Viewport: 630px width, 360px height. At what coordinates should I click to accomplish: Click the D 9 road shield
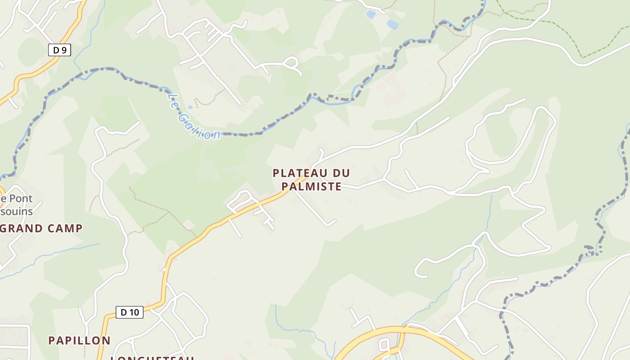click(59, 50)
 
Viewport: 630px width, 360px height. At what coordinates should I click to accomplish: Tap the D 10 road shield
click(130, 312)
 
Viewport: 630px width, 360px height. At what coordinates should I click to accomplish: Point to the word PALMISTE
click(311, 186)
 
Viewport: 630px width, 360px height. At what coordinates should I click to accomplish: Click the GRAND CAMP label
click(41, 228)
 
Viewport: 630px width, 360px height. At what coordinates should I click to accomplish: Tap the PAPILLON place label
click(79, 340)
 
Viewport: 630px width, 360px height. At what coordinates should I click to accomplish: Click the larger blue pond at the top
click(392, 24)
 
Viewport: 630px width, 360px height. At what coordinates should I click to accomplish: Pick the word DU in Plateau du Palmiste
click(342, 173)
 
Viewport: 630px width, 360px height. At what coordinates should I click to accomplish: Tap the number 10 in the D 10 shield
click(134, 312)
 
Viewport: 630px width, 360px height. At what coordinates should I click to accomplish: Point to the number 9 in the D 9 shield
click(63, 50)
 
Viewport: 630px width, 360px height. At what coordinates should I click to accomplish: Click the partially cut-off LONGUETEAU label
click(152, 357)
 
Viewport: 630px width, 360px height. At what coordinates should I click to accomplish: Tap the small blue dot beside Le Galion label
click(190, 107)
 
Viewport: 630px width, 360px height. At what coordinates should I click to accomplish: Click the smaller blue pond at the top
click(370, 14)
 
